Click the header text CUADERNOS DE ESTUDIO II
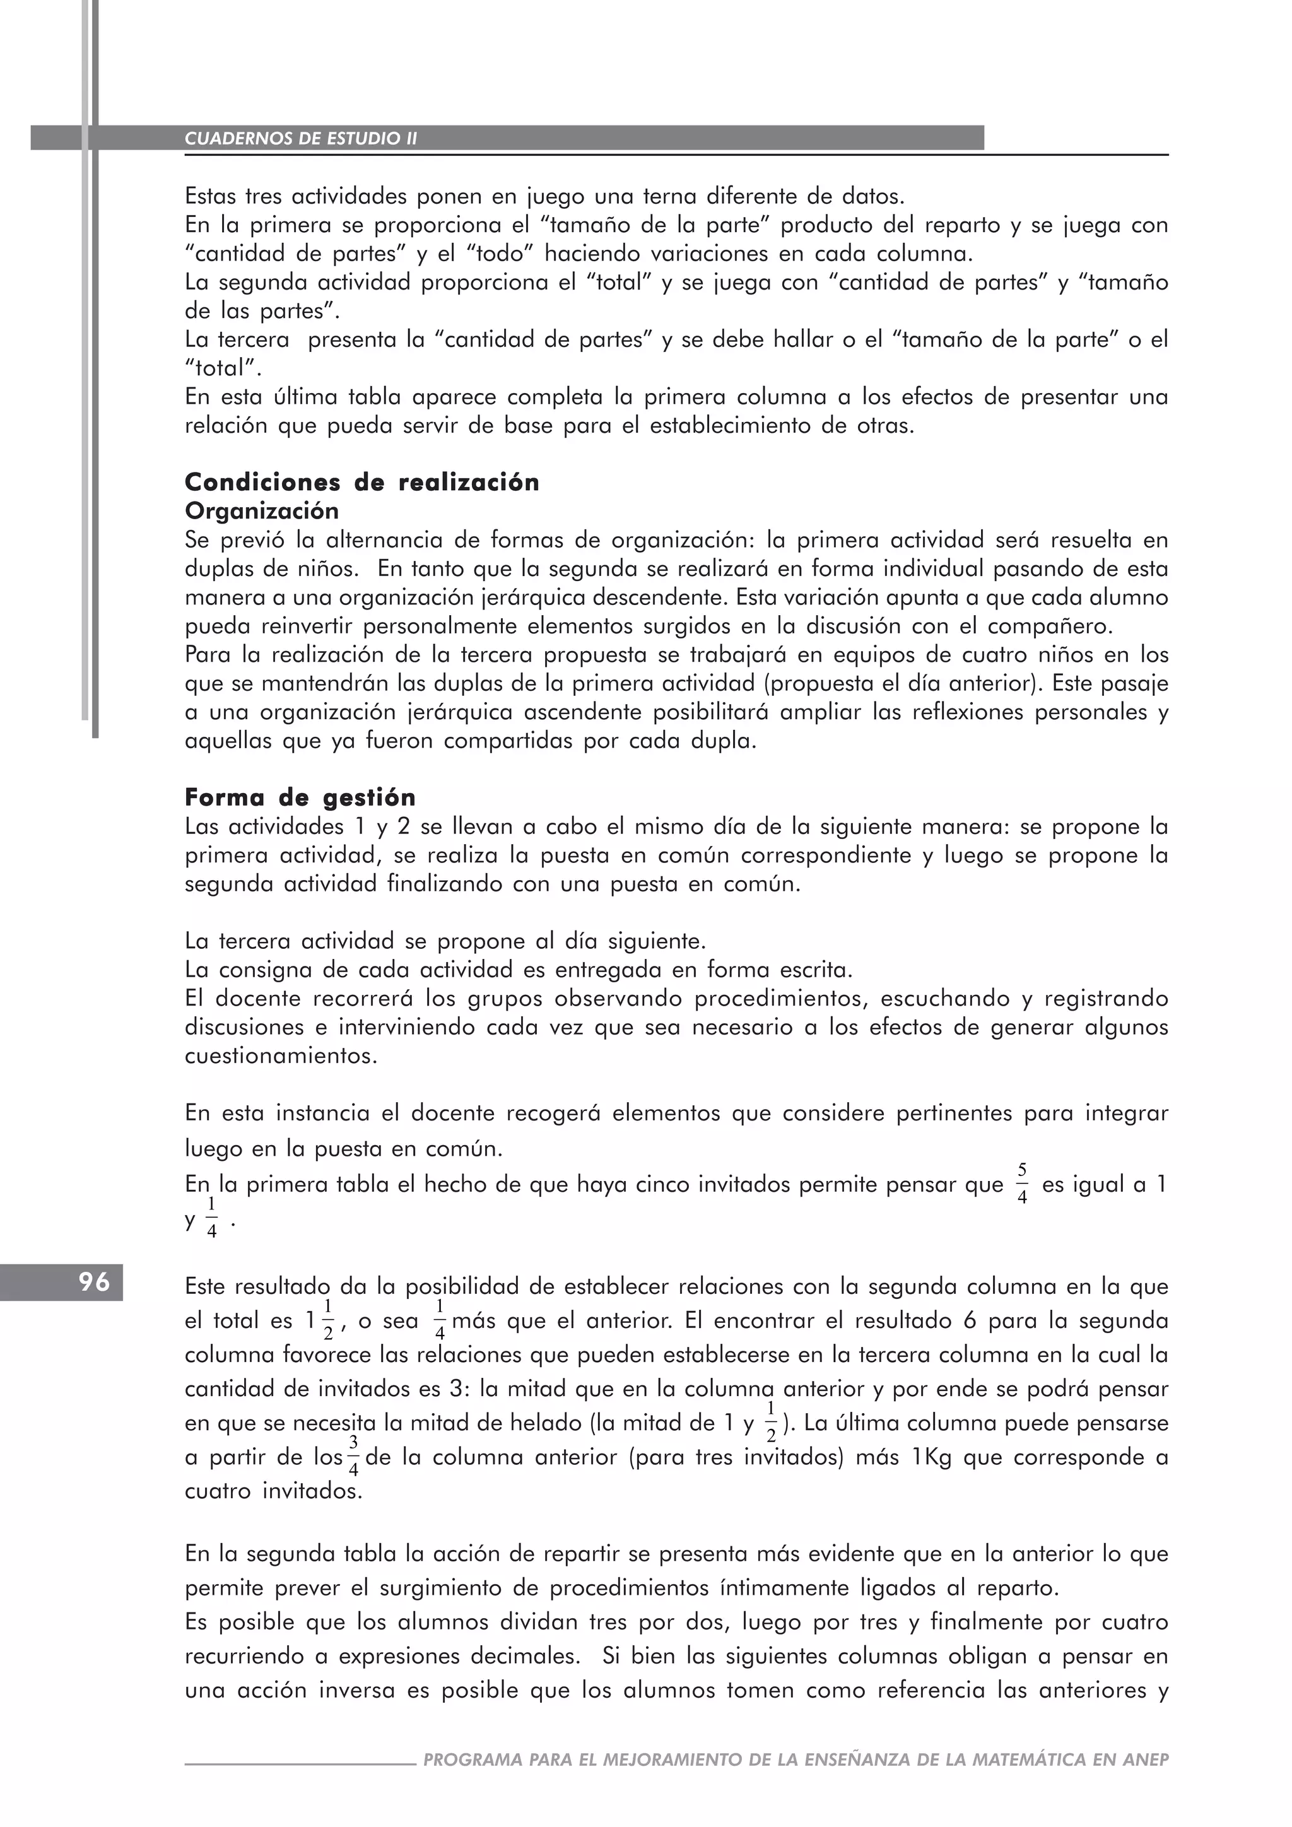click(301, 138)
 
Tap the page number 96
click(94, 1282)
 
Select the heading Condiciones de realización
click(362, 482)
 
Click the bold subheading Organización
click(262, 511)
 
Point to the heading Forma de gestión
click(300, 797)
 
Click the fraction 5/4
click(1022, 1184)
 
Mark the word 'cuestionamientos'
click(280, 1056)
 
